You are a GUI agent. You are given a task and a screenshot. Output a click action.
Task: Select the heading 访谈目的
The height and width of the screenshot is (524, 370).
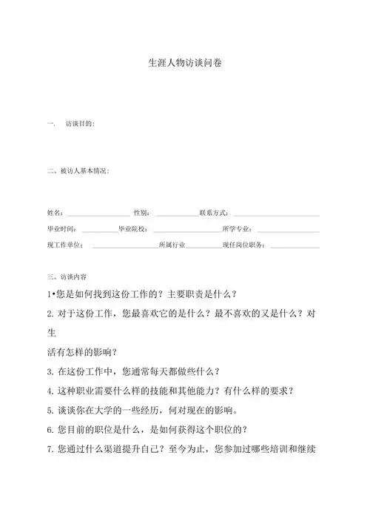pyautogui.click(x=79, y=123)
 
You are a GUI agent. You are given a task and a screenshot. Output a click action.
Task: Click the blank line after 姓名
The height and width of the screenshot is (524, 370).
pyautogui.click(x=98, y=214)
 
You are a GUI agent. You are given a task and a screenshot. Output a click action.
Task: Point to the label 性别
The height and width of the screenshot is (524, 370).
pyautogui.click(x=141, y=213)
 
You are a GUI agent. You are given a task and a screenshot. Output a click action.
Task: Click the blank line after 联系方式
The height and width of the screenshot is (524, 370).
pyautogui.click(x=277, y=214)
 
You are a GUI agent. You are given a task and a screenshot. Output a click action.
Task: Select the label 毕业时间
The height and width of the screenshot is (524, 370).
pyautogui.click(x=61, y=229)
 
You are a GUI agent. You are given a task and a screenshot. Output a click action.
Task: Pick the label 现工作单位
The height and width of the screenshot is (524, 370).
pyautogui.click(x=64, y=245)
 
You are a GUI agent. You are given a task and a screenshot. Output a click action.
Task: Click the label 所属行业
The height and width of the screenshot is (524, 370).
pyautogui.click(x=172, y=245)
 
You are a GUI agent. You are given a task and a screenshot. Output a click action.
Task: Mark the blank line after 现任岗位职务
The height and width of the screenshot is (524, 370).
pyautogui.click(x=296, y=246)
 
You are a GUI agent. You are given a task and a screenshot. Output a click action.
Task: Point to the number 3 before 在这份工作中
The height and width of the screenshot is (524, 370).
pyautogui.click(x=49, y=371)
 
